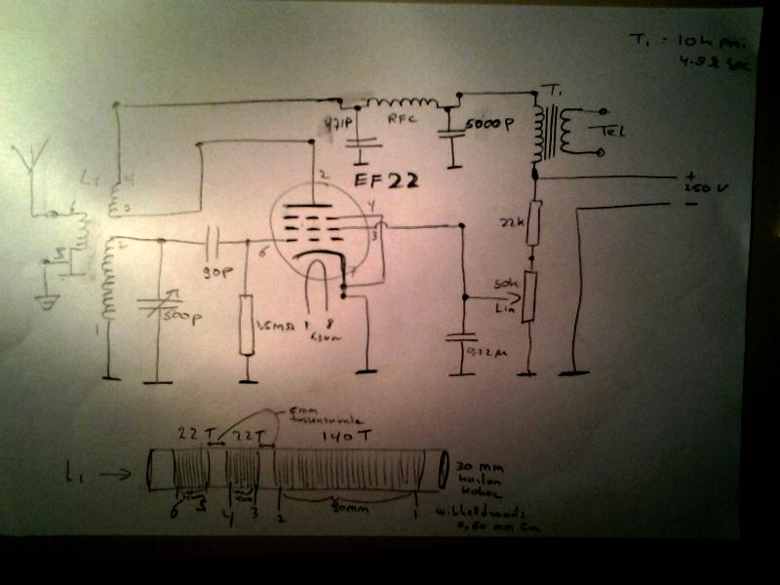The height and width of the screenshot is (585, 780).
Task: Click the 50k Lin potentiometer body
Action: coord(529,296)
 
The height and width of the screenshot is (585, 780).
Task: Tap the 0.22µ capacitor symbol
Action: coord(460,341)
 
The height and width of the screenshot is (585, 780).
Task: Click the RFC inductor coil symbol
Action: coord(400,101)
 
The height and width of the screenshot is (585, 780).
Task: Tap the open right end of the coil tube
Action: coord(443,470)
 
